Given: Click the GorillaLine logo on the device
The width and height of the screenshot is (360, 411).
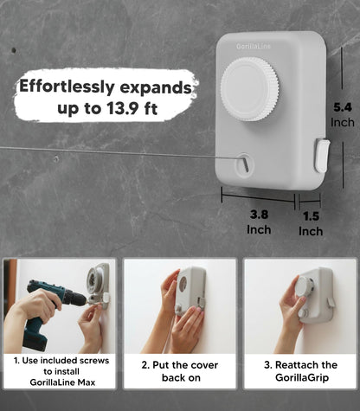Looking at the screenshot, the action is point(254,46).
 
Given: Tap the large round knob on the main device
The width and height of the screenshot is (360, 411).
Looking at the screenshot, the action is point(250,89).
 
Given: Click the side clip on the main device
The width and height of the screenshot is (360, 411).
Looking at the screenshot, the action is point(322,156).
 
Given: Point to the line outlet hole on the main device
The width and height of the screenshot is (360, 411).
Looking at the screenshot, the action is point(244,164).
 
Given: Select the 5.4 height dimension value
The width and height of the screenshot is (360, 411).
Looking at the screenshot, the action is point(343,107).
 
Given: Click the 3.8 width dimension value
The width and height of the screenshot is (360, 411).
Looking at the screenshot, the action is point(259,215).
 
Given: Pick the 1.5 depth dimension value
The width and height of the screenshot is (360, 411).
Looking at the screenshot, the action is point(311,216).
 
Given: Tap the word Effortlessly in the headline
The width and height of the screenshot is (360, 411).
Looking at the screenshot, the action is point(67,87).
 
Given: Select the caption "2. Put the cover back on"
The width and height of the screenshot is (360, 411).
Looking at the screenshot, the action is point(180,371).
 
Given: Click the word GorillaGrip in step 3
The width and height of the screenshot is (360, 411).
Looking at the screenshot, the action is point(302,377).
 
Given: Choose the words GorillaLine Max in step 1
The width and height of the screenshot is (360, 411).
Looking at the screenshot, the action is point(62,382).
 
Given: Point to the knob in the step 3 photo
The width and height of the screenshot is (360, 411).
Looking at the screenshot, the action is point(305,287).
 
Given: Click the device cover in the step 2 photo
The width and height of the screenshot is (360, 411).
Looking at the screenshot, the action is point(191,291).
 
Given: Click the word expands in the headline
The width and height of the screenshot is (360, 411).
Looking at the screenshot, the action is point(156,87).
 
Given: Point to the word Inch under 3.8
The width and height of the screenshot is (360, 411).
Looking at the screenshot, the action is point(259,230).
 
